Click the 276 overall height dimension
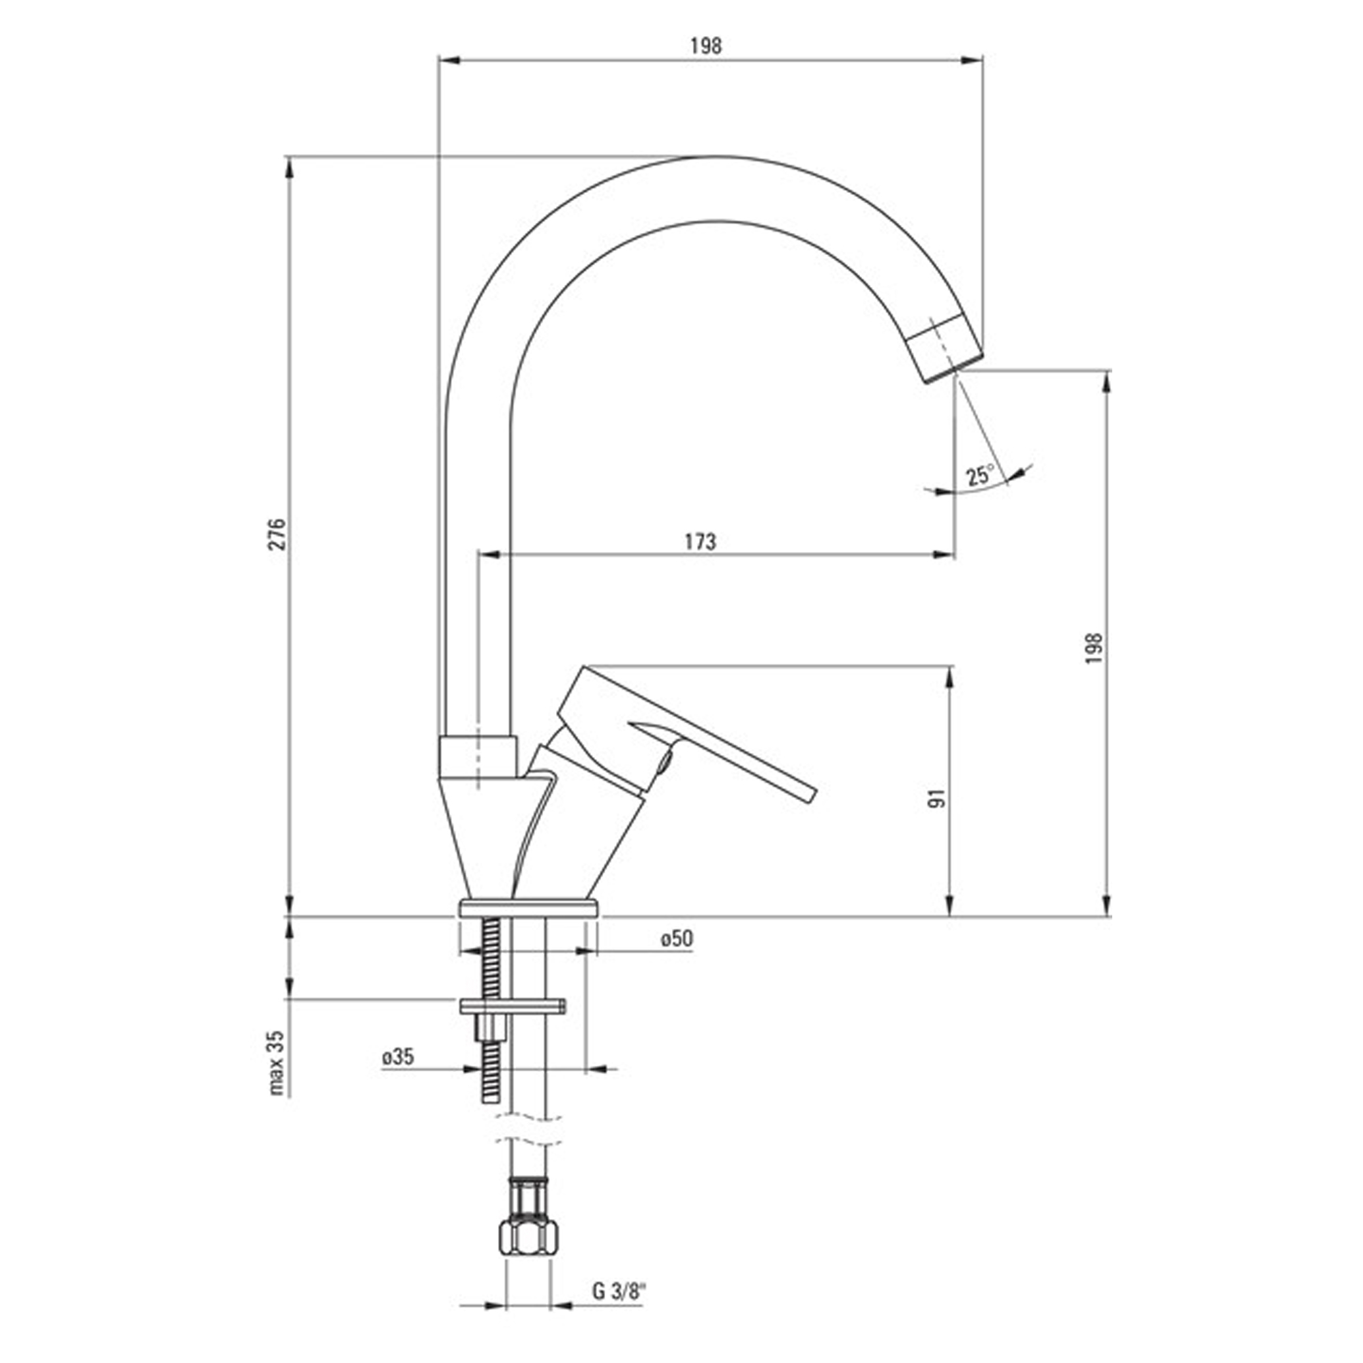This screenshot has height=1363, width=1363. [x=279, y=534]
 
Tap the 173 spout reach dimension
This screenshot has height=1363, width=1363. [x=701, y=541]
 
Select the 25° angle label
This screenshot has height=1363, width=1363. [x=979, y=475]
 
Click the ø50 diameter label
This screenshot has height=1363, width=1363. [x=677, y=938]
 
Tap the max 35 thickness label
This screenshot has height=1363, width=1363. [x=277, y=1062]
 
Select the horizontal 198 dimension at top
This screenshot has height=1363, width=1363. [x=706, y=46]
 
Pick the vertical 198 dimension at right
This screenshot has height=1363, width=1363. [x=1094, y=647]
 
